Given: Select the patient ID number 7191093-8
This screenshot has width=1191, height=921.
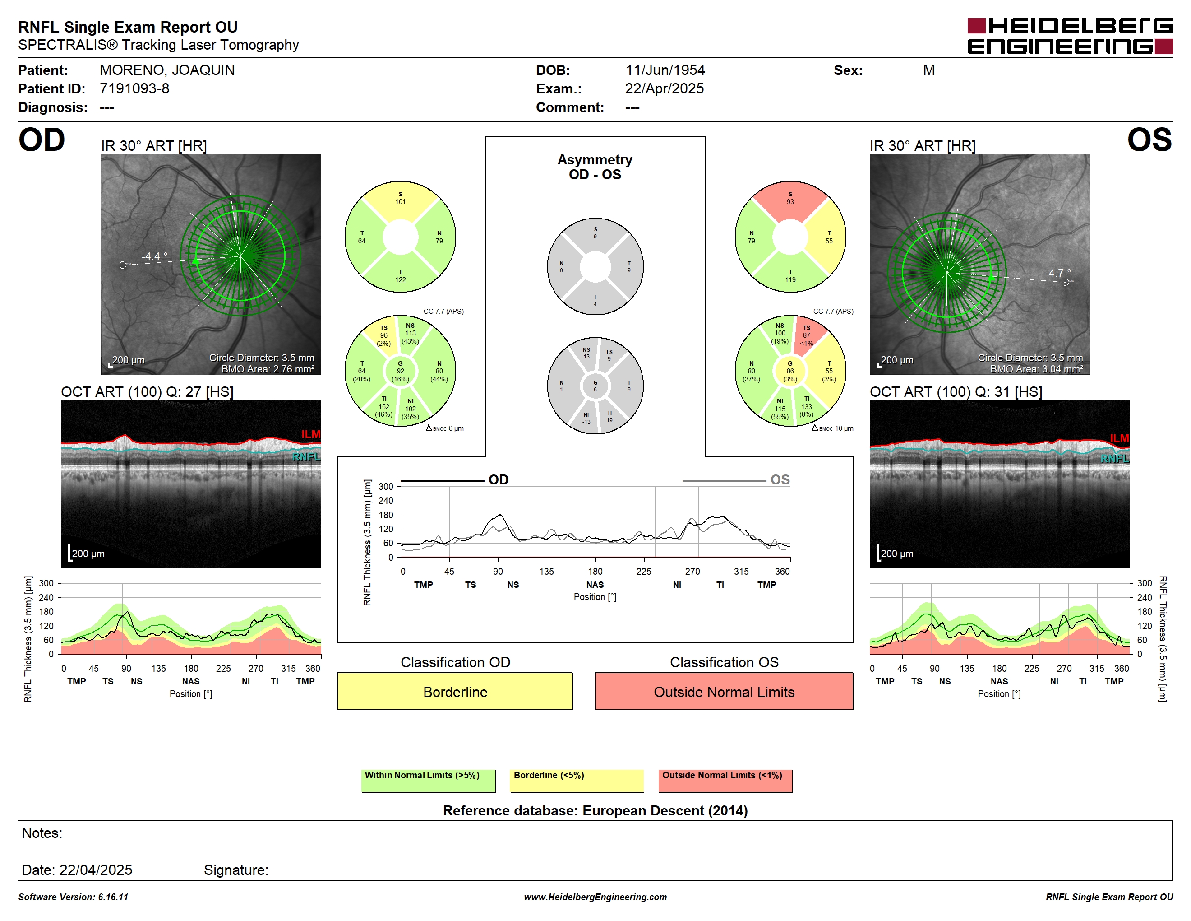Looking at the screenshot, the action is [134, 88].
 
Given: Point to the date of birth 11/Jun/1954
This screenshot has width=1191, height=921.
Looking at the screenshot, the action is [665, 70].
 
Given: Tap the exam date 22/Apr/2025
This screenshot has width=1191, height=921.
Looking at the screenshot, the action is [664, 88].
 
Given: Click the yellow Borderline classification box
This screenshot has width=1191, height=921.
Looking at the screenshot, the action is [455, 691].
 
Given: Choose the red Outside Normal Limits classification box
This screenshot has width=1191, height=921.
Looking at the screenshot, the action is [724, 691].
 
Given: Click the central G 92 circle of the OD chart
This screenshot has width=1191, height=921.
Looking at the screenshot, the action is [400, 371].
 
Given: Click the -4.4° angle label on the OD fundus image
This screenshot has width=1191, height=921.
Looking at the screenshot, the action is [154, 256].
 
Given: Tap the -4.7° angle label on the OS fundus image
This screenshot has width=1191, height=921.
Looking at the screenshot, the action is [1057, 273].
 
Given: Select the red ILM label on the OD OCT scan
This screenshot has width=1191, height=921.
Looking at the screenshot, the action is [311, 434].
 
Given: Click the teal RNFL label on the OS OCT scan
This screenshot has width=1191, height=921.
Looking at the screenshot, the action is [1114, 458].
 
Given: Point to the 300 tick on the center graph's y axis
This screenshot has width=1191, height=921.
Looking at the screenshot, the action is [386, 486].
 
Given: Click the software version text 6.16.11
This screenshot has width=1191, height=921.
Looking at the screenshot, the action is [113, 897].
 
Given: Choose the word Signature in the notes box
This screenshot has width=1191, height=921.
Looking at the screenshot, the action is [235, 870].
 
